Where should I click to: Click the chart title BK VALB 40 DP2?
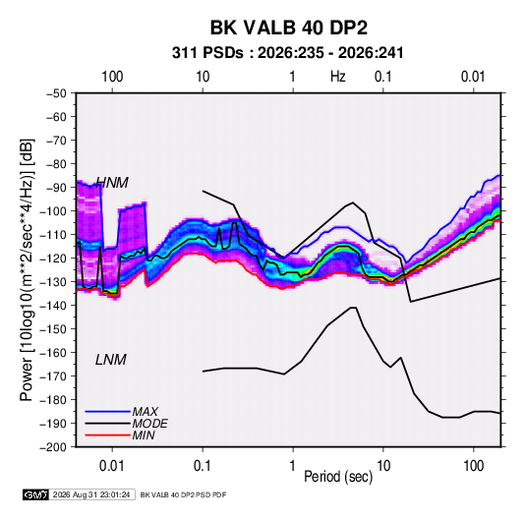point(288,28)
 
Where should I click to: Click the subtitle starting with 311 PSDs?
point(287,53)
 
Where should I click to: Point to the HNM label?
point(112,183)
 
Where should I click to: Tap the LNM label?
point(111,360)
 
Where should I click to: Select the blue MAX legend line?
point(108,412)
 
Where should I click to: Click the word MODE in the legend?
point(150,424)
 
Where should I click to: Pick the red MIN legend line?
point(108,435)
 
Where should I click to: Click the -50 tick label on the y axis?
point(56,93)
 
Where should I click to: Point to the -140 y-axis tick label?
point(53,306)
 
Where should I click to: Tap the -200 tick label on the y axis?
point(53,447)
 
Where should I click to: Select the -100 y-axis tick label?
point(53,211)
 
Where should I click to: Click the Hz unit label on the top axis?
point(338,77)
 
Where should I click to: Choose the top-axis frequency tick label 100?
point(112,77)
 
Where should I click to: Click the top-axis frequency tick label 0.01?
point(473,77)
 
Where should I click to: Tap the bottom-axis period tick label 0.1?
point(203,466)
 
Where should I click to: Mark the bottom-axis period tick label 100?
point(473,466)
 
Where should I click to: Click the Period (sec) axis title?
point(338,477)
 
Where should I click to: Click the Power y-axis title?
point(27,270)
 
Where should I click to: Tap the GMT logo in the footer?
point(36,494)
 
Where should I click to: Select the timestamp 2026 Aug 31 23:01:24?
point(91,494)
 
